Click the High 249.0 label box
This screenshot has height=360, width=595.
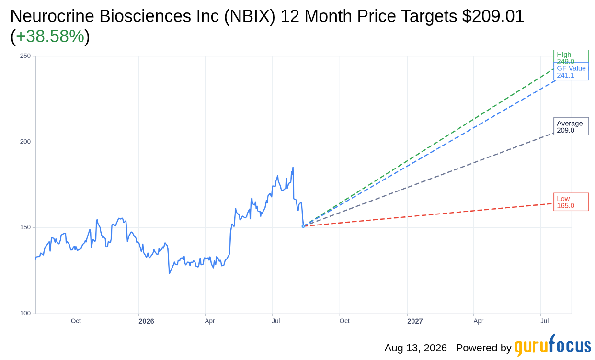click(x=571, y=57)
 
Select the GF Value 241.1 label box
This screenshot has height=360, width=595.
click(x=571, y=71)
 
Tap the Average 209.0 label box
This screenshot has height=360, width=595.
click(x=571, y=126)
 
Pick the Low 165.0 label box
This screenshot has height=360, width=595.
click(x=571, y=202)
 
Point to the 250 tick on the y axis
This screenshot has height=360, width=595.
click(x=25, y=56)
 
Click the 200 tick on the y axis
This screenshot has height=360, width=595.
click(x=25, y=142)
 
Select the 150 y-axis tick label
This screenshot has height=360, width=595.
click(x=25, y=227)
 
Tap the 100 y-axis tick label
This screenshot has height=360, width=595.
click(x=25, y=313)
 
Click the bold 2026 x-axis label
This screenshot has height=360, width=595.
click(x=147, y=321)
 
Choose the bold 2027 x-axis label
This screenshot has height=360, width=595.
click(x=415, y=321)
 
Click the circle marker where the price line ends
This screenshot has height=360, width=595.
click(x=303, y=226)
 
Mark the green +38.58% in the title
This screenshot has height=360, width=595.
click(x=50, y=36)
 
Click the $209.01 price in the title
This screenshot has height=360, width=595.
click(x=493, y=16)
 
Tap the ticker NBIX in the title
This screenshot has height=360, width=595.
click(x=250, y=16)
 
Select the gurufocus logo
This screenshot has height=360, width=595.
click(x=553, y=345)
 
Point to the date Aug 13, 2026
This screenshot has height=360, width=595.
click(x=416, y=348)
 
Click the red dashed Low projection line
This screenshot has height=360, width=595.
click(x=428, y=215)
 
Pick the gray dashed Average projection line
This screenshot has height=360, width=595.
click(x=428, y=180)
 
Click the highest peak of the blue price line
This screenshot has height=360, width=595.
click(x=293, y=167)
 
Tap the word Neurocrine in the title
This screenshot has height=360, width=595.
click(x=52, y=16)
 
